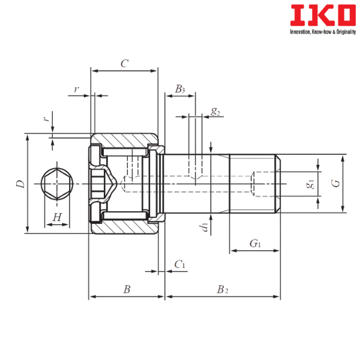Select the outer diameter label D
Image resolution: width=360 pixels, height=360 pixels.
(x=19, y=184)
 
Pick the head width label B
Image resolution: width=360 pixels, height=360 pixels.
(x=126, y=289)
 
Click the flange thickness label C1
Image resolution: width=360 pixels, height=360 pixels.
(x=179, y=265)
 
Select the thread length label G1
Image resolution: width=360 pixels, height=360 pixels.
(x=254, y=243)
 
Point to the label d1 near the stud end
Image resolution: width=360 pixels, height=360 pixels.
(x=310, y=184)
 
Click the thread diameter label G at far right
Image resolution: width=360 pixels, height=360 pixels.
(x=335, y=184)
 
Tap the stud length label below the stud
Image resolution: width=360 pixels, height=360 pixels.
(x=222, y=289)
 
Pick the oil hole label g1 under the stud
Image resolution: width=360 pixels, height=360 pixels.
(x=204, y=227)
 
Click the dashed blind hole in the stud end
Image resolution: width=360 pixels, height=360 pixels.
(x=264, y=184)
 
